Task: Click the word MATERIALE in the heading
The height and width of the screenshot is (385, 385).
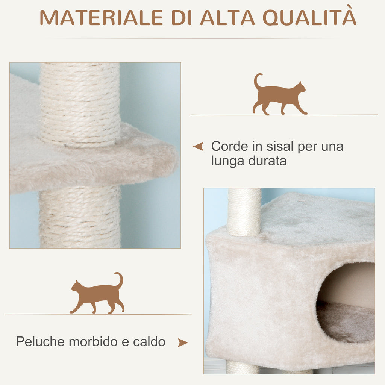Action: pyautogui.click(x=101, y=18)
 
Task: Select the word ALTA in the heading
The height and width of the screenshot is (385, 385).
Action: pyautogui.click(x=227, y=18)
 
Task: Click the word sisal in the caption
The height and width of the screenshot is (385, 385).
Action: pyautogui.click(x=280, y=146)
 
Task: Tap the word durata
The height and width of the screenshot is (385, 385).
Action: pyautogui.click(x=267, y=161)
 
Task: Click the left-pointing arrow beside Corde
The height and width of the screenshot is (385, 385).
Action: pyautogui.click(x=199, y=146)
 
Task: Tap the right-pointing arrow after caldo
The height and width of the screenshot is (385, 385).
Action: pyautogui.click(x=183, y=343)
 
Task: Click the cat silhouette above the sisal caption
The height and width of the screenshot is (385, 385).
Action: pyautogui.click(x=279, y=94)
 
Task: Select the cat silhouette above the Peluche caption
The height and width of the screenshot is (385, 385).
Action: pyautogui.click(x=97, y=293)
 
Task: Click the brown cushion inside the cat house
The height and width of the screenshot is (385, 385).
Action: pyautogui.click(x=346, y=321)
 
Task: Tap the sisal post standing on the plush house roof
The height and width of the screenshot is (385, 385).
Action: pyautogui.click(x=244, y=212)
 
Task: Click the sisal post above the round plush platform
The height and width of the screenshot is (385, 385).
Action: pyautogui.click(x=80, y=105)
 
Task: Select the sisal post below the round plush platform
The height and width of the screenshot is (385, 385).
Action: pyautogui.click(x=80, y=217)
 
